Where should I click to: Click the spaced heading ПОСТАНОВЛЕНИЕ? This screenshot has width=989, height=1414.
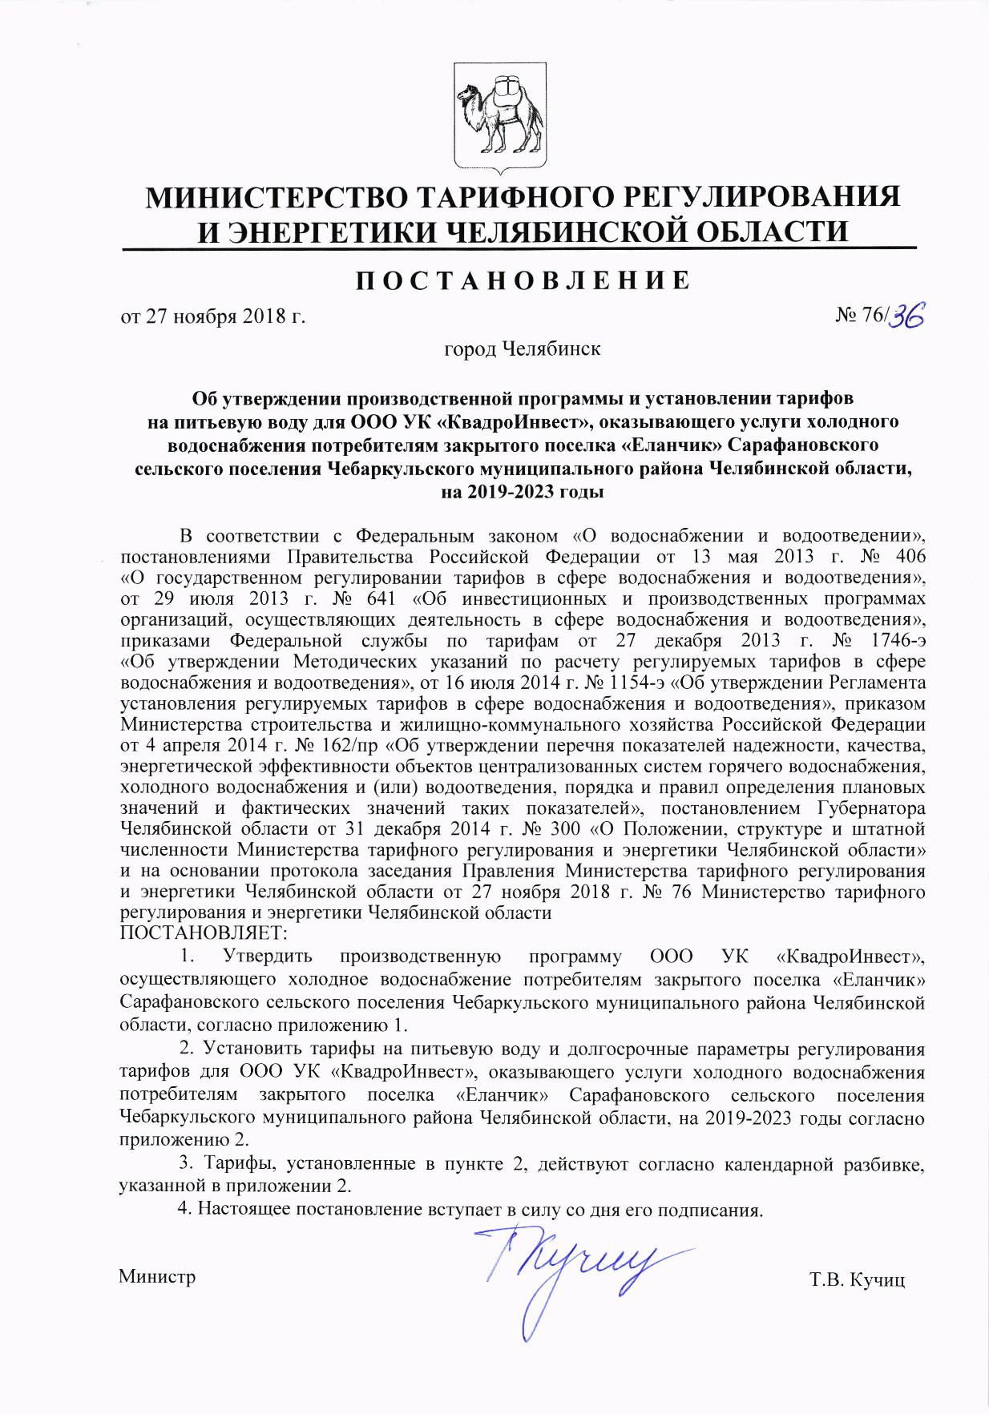(x=522, y=280)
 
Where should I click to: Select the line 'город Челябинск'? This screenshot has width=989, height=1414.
(x=522, y=349)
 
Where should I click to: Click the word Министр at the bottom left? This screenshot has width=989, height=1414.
(x=157, y=1276)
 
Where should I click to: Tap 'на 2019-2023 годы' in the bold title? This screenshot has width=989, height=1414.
(x=522, y=492)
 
